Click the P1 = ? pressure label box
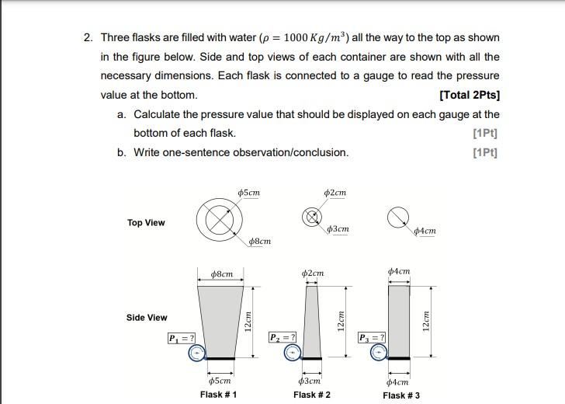pyautogui.click(x=181, y=339)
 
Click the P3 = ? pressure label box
pyautogui.click(x=372, y=337)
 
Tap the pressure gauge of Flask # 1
pyautogui.click(x=197, y=354)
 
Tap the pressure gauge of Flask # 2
pyautogui.click(x=292, y=353)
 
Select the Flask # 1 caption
pyautogui.click(x=218, y=395)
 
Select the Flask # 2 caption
pyautogui.click(x=312, y=395)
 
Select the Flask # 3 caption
pyautogui.click(x=401, y=395)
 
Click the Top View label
pyautogui.click(x=146, y=223)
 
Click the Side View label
pyautogui.click(x=147, y=318)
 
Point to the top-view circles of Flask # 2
pyautogui.click(x=312, y=218)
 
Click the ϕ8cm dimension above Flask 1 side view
pyautogui.click(x=222, y=273)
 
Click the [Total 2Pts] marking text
pyautogui.click(x=469, y=96)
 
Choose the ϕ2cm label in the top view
pyautogui.click(x=336, y=193)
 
